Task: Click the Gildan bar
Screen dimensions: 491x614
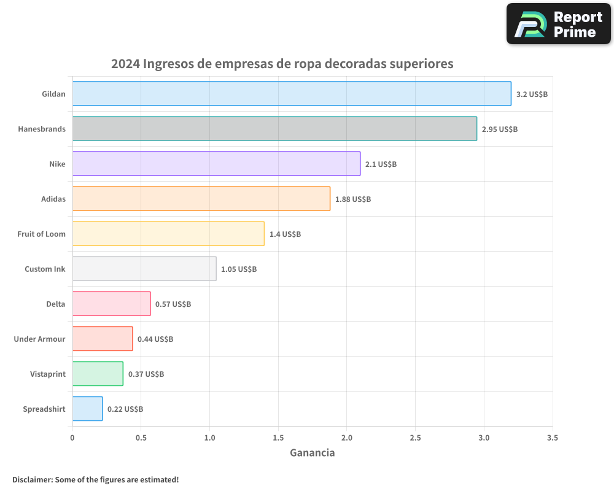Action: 292,94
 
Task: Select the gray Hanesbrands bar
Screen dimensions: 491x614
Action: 274,129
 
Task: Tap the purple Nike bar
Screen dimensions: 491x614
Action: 216,164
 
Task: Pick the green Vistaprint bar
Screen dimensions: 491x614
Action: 98,374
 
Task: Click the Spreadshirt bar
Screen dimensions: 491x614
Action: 87,409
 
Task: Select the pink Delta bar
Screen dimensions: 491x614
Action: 111,304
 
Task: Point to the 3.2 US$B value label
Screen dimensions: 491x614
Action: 532,95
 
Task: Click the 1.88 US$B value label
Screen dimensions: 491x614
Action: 353,199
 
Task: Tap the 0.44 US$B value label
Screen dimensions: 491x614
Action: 155,339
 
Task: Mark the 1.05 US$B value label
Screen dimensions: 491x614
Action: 239,269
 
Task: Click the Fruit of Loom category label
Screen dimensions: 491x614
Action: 41,234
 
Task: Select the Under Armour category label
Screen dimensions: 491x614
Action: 39,339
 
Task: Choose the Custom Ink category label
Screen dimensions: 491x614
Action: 45,269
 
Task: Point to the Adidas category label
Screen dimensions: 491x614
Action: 53,199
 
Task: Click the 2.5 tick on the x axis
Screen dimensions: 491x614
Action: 415,438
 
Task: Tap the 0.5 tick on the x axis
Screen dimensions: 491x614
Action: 141,438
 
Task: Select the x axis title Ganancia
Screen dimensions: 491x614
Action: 312,453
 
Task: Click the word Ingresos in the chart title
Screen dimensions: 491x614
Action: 169,64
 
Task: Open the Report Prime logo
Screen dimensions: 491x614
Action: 558,24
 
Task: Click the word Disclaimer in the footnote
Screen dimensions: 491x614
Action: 31,479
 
